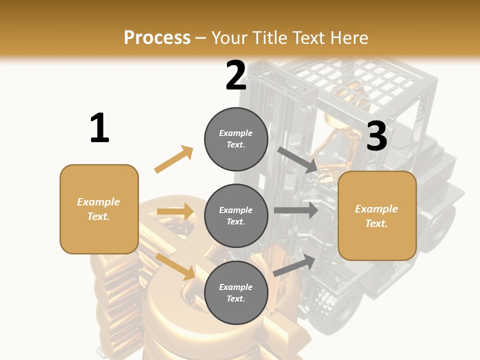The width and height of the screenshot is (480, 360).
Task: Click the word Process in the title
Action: tap(157, 37)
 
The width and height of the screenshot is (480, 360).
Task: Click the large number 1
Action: tap(99, 128)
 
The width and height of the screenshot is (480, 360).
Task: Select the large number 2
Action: tap(236, 75)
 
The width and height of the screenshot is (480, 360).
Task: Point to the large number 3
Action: tap(377, 136)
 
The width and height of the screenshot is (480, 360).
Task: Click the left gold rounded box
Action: tap(99, 209)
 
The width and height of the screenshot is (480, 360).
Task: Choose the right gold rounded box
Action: tap(377, 215)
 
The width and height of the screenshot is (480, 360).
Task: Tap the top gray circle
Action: tap(236, 138)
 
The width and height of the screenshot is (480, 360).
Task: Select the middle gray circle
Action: tap(236, 215)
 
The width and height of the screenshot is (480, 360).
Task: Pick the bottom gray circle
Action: tap(236, 292)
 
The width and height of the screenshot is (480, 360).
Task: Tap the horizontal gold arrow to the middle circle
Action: tap(175, 211)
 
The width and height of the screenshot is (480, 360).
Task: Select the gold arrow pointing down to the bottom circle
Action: tap(175, 266)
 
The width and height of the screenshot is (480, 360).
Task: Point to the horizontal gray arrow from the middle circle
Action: tap(296, 210)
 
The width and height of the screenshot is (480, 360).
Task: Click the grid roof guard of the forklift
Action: tap(357, 82)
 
